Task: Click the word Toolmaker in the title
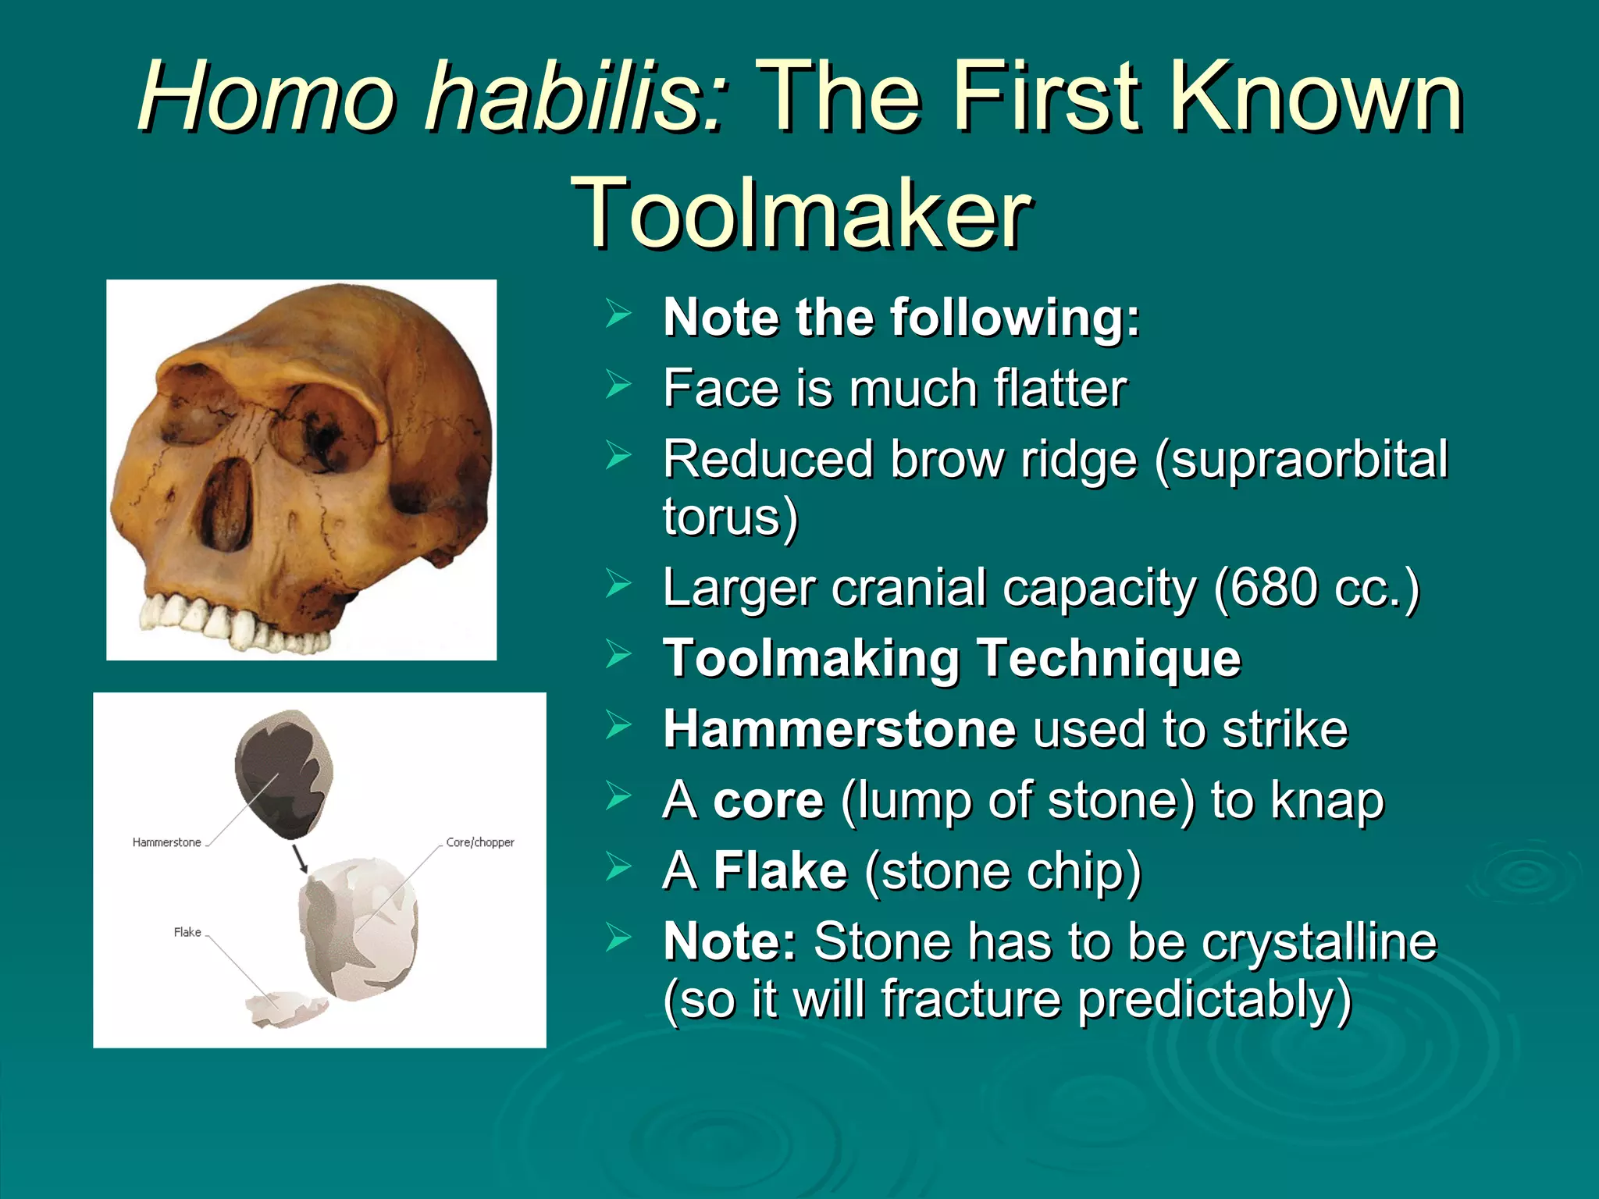(801, 212)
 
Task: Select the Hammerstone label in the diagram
(166, 842)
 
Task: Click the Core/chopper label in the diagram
(480, 842)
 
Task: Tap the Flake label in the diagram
(187, 932)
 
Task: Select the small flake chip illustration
(286, 1009)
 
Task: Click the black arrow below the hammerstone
(300, 858)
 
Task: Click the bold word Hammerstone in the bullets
(839, 729)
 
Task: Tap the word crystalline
(1319, 941)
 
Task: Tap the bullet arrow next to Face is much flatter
(618, 384)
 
